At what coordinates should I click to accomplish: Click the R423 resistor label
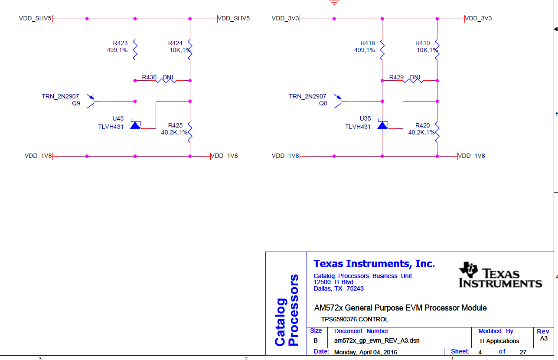click(120, 43)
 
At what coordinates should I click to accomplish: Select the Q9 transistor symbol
click(91, 101)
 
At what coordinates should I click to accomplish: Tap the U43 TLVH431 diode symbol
click(136, 125)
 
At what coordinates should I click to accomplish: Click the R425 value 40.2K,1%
click(174, 133)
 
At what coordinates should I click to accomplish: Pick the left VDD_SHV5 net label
click(35, 19)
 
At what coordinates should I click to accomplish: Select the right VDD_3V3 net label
click(478, 19)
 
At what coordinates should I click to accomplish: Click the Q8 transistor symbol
click(338, 101)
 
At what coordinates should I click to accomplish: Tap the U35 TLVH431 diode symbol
click(383, 125)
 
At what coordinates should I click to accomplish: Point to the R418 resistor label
click(367, 43)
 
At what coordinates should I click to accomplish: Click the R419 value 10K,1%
click(427, 50)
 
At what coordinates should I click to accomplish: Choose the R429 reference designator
click(396, 78)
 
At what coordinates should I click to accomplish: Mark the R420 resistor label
click(422, 125)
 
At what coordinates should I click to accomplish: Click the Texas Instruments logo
click(500, 275)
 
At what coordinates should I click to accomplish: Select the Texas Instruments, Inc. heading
click(374, 264)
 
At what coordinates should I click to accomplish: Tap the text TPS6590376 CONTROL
click(355, 319)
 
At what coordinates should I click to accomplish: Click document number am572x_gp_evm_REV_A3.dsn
click(377, 341)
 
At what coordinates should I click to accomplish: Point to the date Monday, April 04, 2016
click(365, 352)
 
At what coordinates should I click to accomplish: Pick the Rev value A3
click(544, 339)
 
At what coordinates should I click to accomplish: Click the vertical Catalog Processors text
click(287, 310)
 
